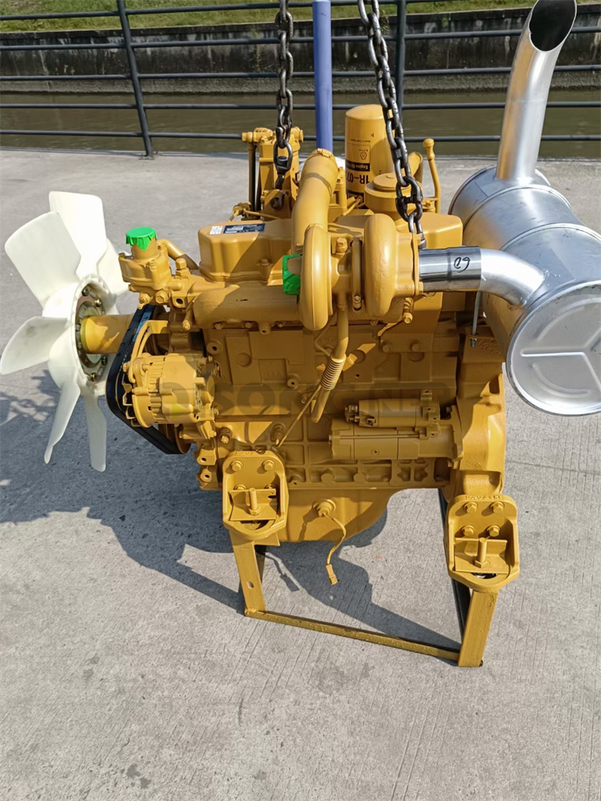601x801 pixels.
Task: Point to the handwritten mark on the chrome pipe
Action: [461, 264]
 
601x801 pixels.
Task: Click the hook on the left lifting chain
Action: [283, 162]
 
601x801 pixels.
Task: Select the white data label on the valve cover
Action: [243, 228]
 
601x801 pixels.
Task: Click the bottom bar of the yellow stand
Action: [353, 633]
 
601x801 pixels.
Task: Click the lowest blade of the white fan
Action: [96, 436]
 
